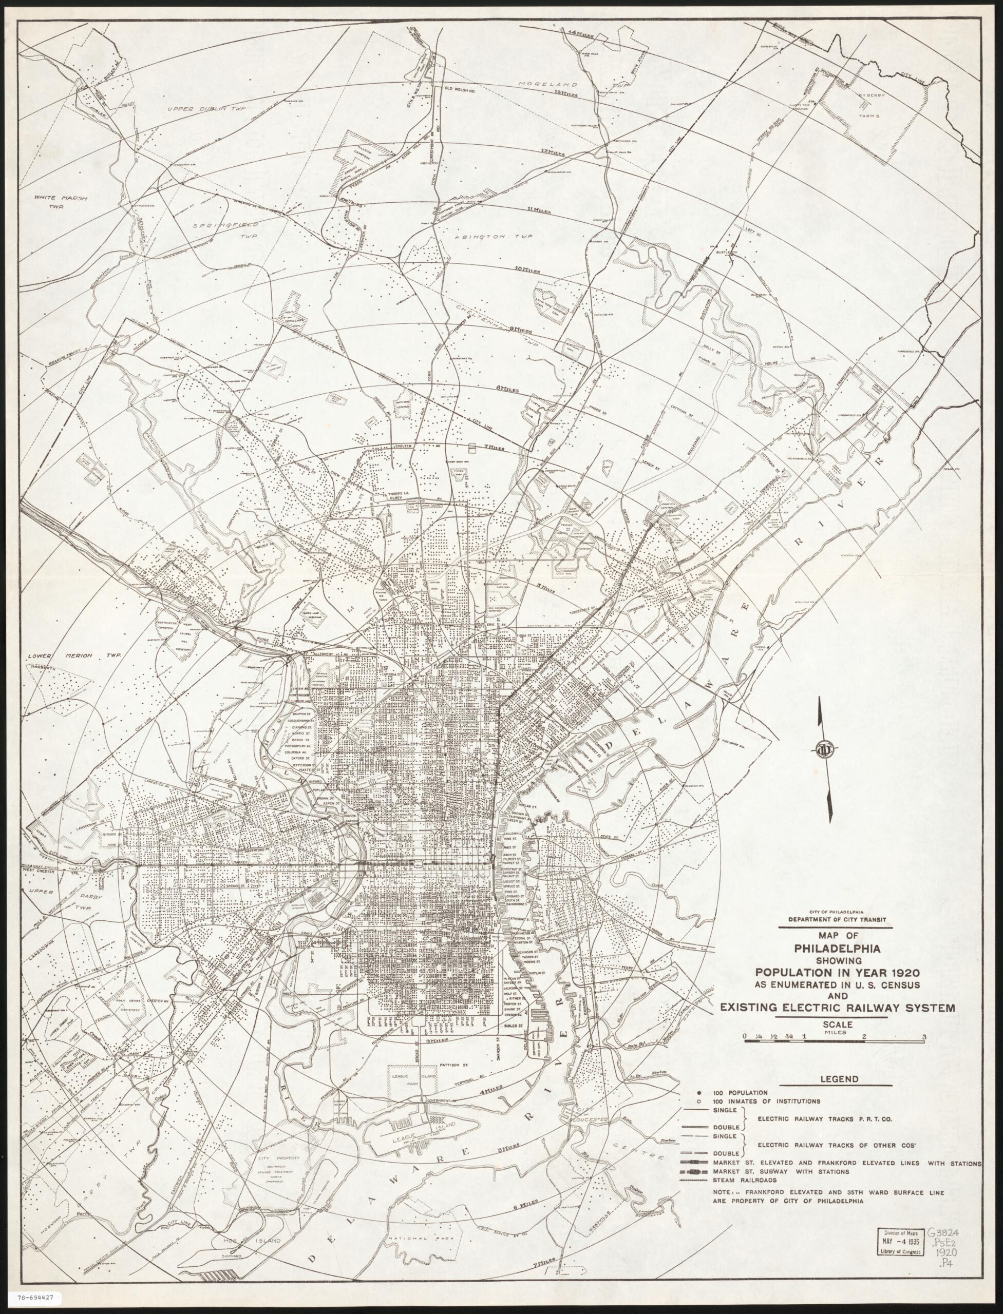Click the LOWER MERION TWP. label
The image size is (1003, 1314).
point(73,655)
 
